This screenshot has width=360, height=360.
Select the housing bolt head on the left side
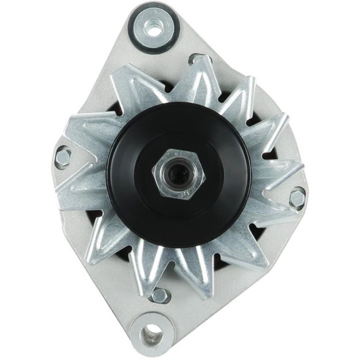63,157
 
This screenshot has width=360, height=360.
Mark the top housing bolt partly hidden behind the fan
196,59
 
